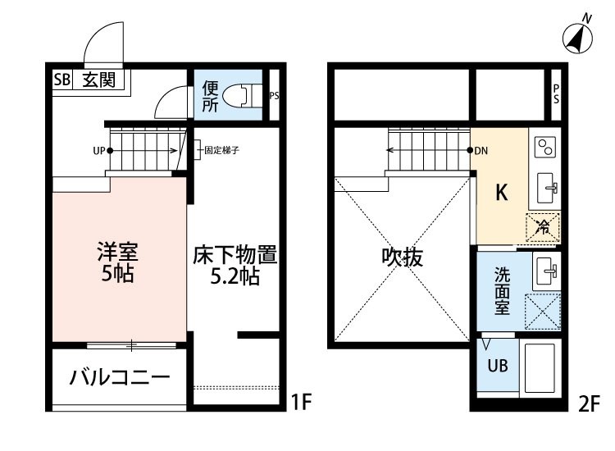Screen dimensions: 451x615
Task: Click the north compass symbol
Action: (x=579, y=35)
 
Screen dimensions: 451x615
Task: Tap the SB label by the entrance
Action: (x=62, y=80)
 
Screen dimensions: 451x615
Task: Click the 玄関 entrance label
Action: (x=98, y=80)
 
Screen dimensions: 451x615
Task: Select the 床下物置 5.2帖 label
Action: (x=236, y=264)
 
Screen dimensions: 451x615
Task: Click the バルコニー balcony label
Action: (x=119, y=378)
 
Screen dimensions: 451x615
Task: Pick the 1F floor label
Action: (x=302, y=403)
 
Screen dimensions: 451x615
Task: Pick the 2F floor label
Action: (x=590, y=403)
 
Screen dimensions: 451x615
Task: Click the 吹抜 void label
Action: (x=402, y=257)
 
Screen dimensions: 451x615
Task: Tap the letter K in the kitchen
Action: (x=502, y=193)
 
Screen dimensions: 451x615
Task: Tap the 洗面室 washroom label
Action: (x=502, y=291)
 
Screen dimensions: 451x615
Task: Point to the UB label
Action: (x=499, y=367)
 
